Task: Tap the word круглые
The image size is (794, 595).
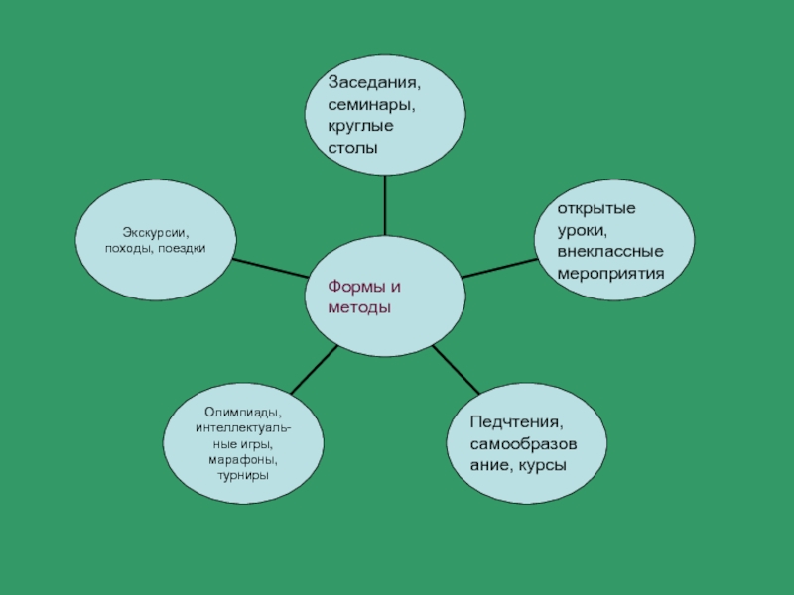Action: point(360,126)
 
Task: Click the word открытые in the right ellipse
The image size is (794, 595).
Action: point(595,209)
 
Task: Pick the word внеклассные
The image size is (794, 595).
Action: point(609,251)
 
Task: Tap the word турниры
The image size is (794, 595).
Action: point(243,476)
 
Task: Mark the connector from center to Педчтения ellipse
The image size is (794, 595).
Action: point(457,368)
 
